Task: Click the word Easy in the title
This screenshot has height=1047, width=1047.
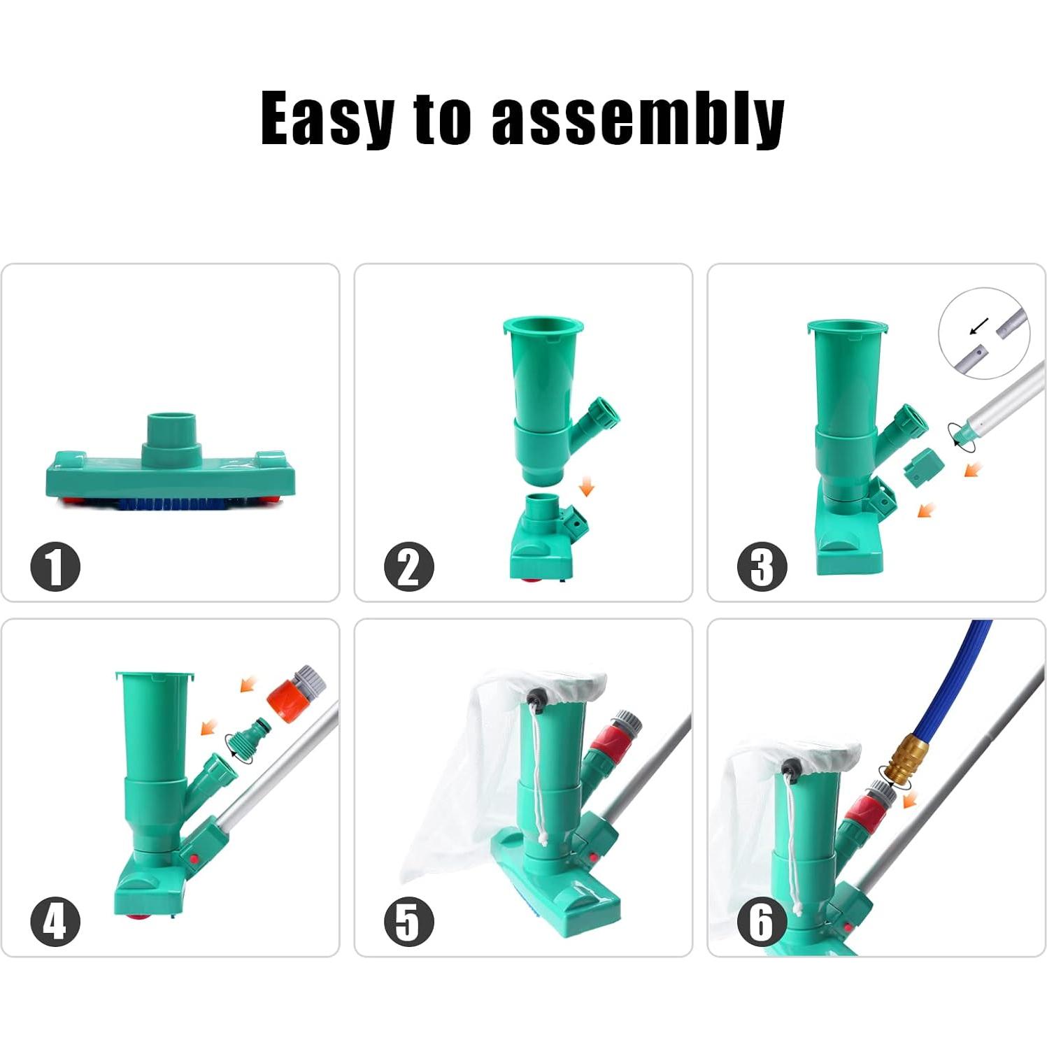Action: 327,119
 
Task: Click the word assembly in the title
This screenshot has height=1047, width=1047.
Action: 638,119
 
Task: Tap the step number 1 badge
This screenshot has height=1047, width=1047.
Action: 55,567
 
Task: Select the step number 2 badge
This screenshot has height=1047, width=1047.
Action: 409,567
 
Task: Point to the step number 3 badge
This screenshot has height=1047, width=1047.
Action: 762,567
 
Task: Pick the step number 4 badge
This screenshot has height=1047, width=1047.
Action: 55,921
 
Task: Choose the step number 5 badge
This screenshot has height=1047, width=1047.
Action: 409,921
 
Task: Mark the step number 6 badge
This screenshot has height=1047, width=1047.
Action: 762,921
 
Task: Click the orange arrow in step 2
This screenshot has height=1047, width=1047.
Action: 586,487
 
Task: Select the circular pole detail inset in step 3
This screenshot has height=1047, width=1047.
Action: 985,333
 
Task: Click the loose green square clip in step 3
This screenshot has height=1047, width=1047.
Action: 923,467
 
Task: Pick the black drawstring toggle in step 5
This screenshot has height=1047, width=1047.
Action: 537,697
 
